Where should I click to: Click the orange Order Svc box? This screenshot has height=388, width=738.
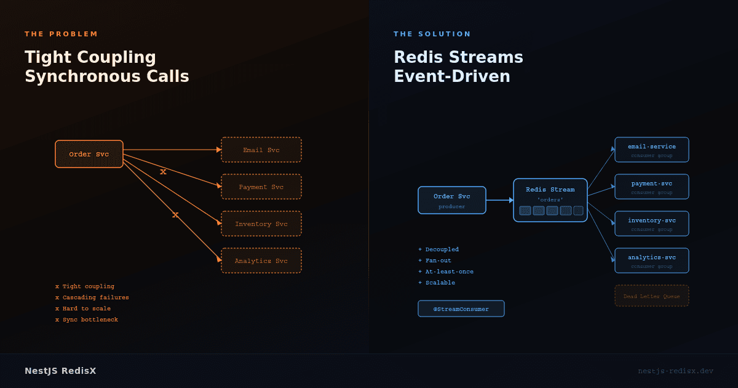tap(89, 154)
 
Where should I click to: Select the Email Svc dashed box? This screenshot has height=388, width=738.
tap(261, 150)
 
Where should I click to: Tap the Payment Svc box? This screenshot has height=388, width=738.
tap(261, 187)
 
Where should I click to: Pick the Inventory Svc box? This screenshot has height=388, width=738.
tap(261, 224)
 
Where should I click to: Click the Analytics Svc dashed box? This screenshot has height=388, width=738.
tap(261, 261)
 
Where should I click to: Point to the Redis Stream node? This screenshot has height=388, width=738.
tap(550, 200)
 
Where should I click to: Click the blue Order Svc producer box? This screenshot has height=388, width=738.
tap(452, 200)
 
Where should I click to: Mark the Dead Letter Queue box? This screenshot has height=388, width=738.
tap(652, 296)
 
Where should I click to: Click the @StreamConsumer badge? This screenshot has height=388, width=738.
tap(461, 309)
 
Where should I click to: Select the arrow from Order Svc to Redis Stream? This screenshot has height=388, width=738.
tap(499, 200)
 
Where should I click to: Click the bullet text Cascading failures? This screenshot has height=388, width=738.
tap(95, 297)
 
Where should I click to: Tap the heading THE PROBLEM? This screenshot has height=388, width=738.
tap(61, 34)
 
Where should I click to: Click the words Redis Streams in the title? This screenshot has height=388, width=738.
tap(458, 57)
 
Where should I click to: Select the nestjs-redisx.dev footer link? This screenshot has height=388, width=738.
tap(675, 371)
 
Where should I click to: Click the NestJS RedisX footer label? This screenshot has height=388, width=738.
tap(60, 371)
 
